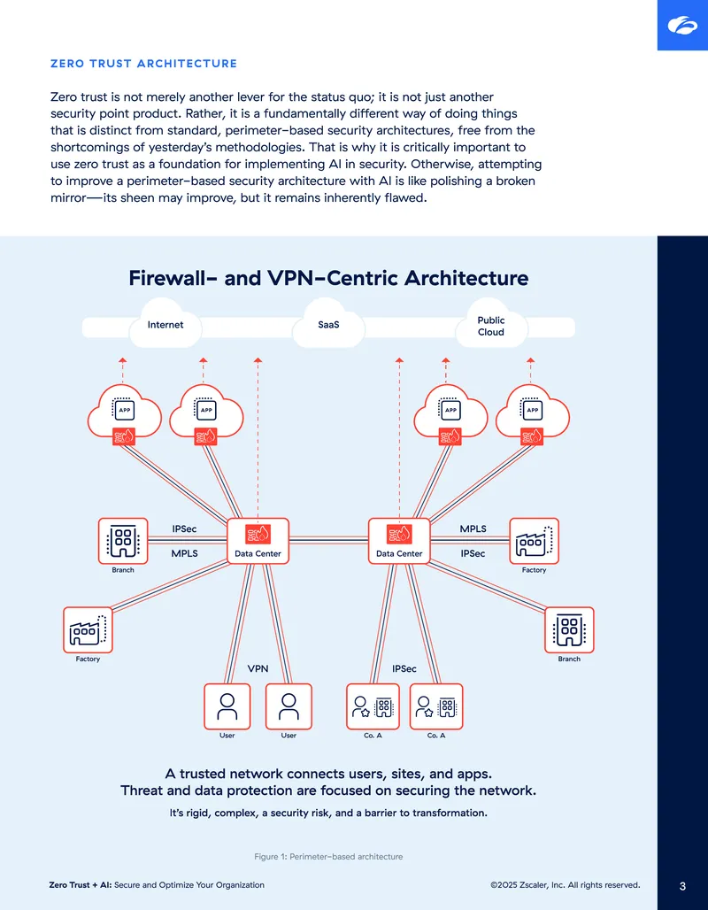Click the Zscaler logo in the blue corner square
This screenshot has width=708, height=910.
(x=682, y=26)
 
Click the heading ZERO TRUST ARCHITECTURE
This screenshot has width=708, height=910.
(x=144, y=64)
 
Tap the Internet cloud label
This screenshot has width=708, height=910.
(x=165, y=325)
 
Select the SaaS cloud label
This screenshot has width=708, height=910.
(x=328, y=325)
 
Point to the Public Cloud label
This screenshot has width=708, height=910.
(x=491, y=326)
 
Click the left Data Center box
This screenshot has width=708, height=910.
(x=258, y=541)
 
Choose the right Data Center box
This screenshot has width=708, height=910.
(x=399, y=541)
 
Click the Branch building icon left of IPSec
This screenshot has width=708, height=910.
(x=123, y=541)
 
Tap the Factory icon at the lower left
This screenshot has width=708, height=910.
(x=88, y=629)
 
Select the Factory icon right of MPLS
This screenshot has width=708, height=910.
(x=534, y=541)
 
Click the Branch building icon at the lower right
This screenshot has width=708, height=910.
(x=569, y=629)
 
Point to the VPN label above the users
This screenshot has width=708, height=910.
(x=258, y=668)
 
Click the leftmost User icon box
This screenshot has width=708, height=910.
(x=227, y=706)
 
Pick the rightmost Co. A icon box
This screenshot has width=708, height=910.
(x=436, y=706)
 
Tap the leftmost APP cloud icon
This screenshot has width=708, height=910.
(x=124, y=414)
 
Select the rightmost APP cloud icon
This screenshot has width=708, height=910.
(x=532, y=414)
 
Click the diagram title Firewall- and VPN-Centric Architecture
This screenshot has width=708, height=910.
(x=328, y=278)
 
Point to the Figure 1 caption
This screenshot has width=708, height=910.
(x=328, y=857)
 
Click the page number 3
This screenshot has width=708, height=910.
(x=682, y=886)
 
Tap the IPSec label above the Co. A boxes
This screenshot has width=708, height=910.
(x=404, y=668)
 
